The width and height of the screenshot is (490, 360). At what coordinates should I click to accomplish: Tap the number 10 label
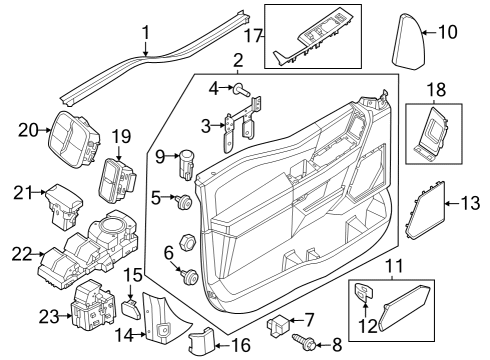click(x=447, y=32)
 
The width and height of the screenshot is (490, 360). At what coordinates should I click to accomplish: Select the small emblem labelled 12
click(x=365, y=293)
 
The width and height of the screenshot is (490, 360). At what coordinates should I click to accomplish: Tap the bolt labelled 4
click(x=243, y=89)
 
